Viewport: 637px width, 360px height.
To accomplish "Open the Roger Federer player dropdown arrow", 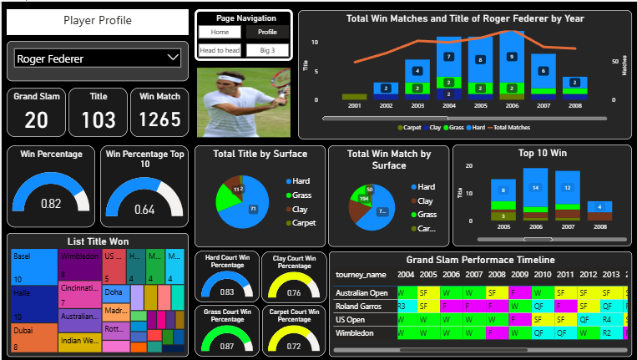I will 173,58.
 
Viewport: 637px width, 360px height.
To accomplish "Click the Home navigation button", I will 220,33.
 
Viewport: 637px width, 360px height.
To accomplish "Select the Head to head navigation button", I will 220,51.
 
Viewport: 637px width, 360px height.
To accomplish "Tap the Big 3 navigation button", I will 267,51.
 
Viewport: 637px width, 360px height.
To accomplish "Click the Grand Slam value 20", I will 36,120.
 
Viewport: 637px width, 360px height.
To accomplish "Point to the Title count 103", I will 99,120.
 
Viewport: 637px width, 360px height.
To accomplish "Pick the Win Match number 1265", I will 159,120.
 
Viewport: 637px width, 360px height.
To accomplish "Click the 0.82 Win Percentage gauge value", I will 52,204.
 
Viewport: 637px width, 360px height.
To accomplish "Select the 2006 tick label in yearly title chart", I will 512,107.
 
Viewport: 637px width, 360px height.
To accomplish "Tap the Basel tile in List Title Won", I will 33,266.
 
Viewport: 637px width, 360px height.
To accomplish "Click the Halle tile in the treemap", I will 33,305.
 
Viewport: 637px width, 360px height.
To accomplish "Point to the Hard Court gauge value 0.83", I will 226,292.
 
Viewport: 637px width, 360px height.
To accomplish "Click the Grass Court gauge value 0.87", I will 226,346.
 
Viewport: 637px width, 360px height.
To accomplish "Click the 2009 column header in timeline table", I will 519,275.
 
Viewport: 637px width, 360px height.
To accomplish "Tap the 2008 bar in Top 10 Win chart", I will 599,206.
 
